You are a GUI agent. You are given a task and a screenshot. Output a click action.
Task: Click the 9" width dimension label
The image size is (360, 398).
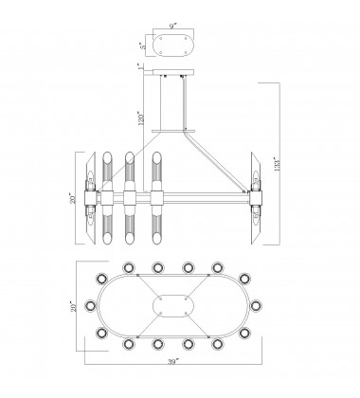172,27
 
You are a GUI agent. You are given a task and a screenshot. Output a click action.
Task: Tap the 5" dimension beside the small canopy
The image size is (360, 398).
144,46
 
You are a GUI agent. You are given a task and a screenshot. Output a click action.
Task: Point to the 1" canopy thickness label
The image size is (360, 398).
140,66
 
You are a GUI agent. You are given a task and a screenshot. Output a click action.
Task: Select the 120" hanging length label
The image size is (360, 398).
141,118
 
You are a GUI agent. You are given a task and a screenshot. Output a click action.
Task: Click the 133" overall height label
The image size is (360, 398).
278,164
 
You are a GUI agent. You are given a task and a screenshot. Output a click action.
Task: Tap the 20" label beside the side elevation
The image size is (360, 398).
73,198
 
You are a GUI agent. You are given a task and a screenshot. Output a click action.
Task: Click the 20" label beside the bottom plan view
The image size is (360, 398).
74,306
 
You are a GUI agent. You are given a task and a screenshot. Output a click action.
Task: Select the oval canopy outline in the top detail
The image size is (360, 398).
173,33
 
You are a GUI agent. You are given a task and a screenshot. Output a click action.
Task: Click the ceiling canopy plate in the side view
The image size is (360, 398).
173,72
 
